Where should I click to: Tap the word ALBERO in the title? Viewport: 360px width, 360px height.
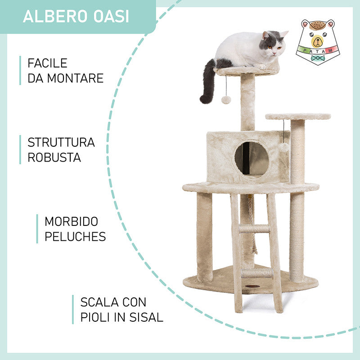55,16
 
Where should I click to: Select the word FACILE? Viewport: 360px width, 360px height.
47,63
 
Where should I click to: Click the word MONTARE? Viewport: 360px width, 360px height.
75,78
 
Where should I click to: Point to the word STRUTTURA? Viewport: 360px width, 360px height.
61,142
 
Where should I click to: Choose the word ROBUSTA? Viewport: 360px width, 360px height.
54,157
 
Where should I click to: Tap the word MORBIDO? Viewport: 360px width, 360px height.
72,221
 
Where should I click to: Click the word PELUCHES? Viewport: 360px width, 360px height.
75,237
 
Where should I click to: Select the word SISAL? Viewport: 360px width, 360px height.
146,317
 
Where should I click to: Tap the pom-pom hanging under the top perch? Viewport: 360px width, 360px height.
226,100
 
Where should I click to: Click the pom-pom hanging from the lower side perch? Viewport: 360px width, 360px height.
284,148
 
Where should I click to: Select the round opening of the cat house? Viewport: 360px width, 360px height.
252,158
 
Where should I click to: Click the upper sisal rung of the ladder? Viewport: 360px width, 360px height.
254,229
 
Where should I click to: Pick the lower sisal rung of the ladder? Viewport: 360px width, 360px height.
257,273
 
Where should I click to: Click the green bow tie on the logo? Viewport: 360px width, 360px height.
318,58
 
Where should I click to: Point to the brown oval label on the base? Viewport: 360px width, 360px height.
252,287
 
